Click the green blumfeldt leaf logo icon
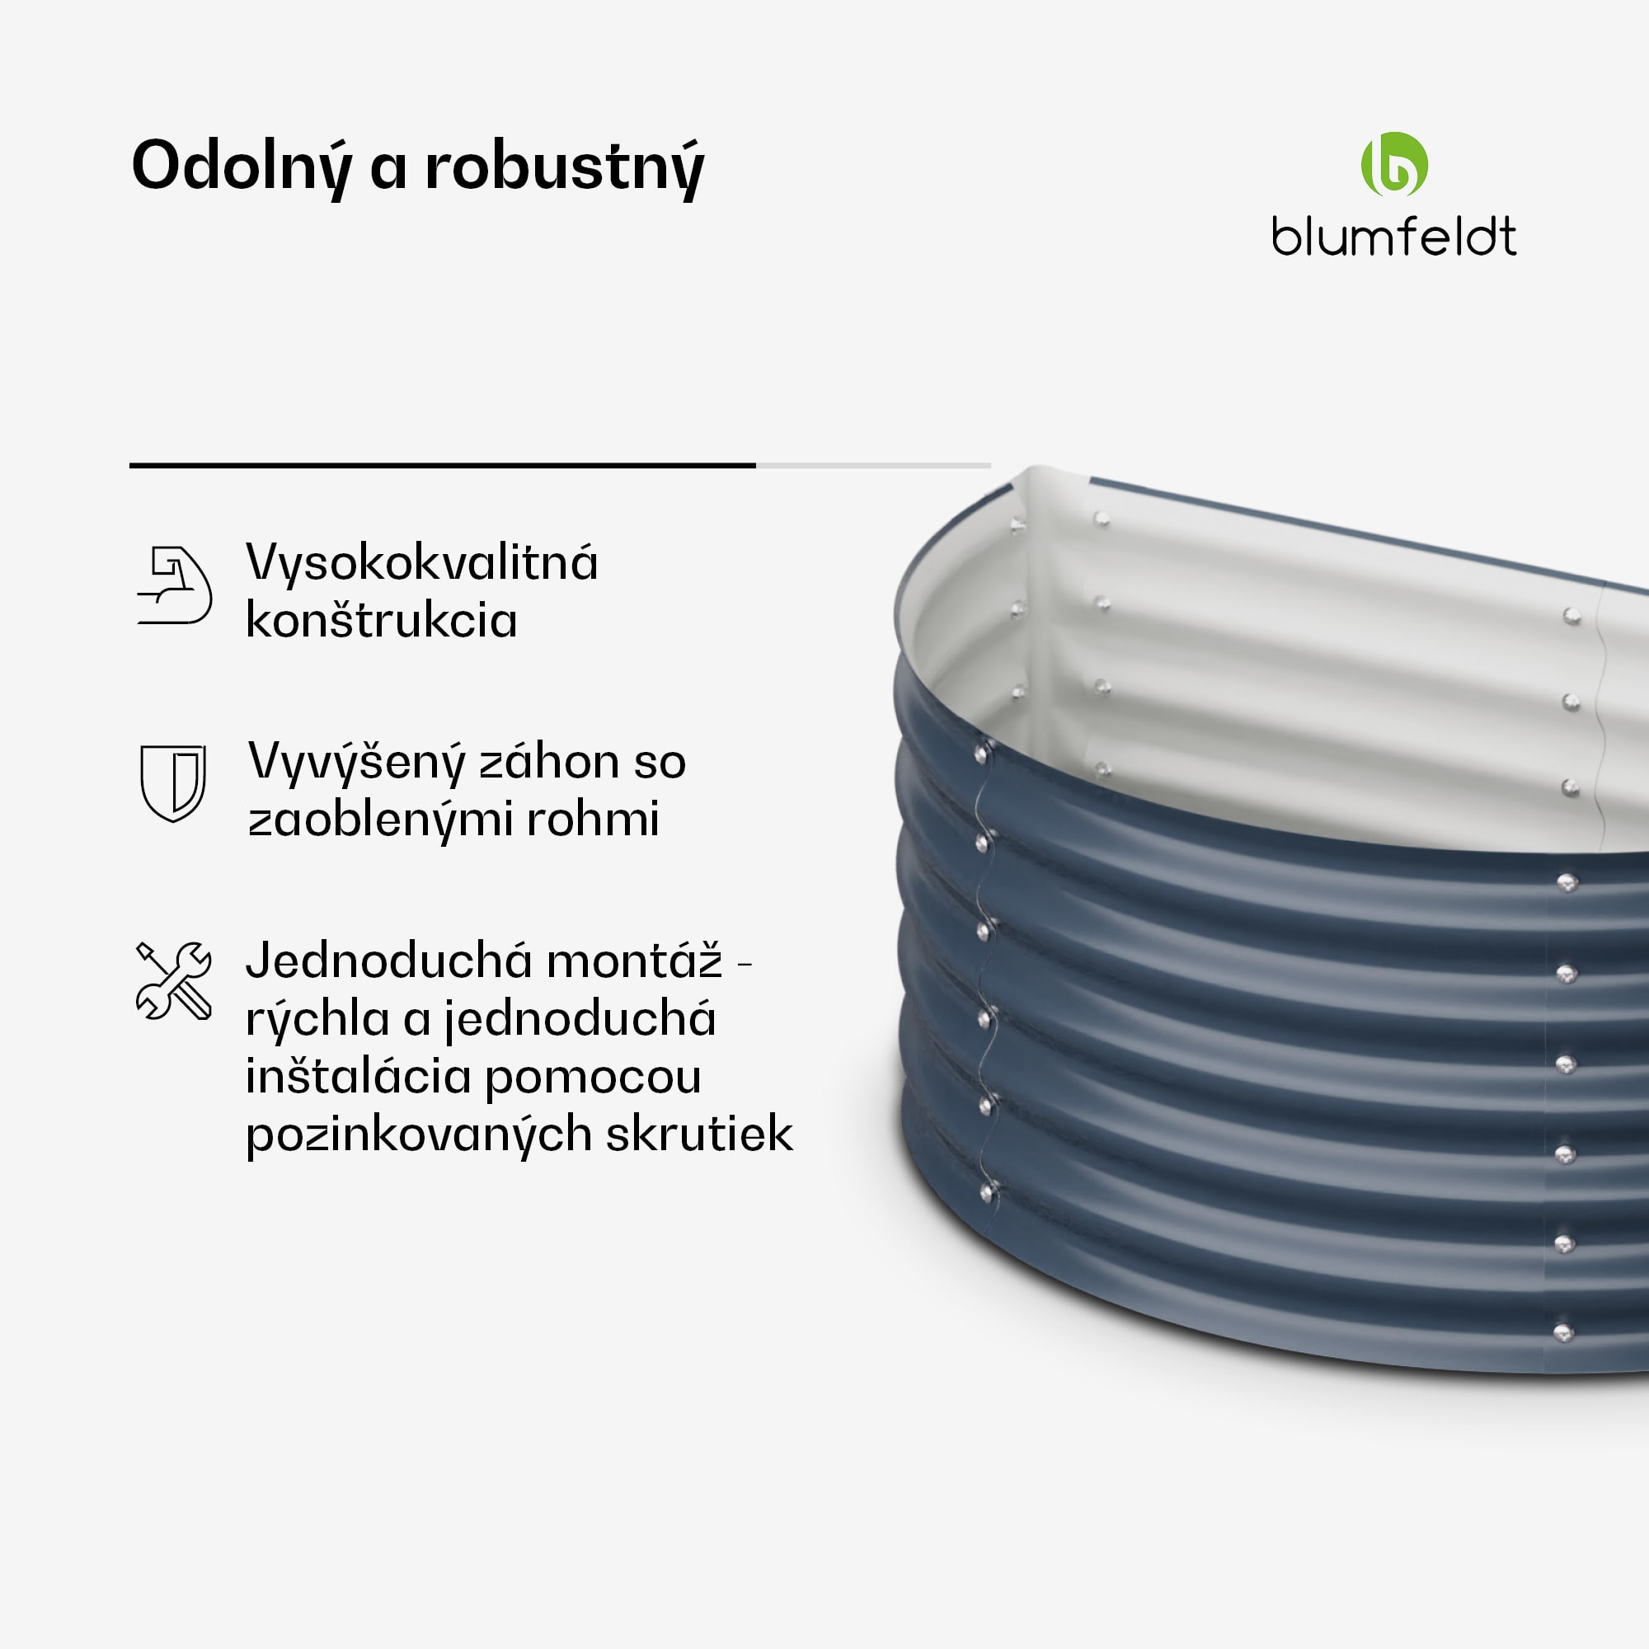pos(1393,164)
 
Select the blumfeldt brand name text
pos(1393,237)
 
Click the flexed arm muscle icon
pos(174,585)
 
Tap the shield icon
pos(173,782)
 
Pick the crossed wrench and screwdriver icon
pos(174,980)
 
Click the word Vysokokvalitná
pos(421,564)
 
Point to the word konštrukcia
pos(382,620)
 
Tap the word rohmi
pos(592,820)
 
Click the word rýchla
pos(318,1019)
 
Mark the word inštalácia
pos(358,1075)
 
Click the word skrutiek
pos(700,1134)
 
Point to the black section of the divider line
pos(442,465)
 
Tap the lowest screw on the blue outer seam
pos(988,1191)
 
